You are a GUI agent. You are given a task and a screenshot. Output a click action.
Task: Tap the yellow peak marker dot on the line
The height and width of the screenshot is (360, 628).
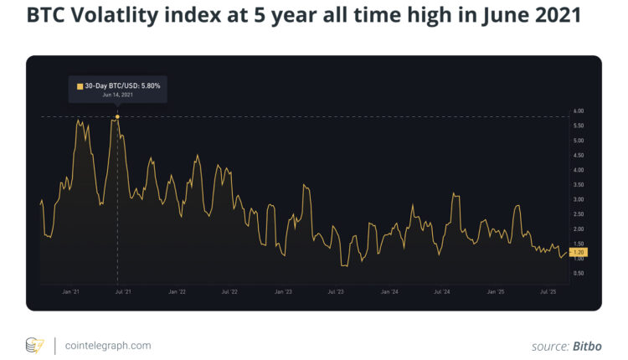point(117,116)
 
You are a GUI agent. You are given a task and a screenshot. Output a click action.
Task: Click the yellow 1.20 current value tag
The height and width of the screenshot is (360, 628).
point(579,252)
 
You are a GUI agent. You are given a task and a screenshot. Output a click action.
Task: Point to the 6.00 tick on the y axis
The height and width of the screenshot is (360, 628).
point(578,111)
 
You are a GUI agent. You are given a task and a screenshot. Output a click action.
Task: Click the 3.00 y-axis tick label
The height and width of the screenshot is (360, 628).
point(578,199)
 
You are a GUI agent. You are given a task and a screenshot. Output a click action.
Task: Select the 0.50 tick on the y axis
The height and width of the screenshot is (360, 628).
point(578,273)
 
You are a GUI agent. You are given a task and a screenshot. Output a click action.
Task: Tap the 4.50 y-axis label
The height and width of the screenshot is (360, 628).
point(578,155)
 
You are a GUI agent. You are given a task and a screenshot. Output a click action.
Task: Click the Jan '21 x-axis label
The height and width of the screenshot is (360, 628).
point(71,292)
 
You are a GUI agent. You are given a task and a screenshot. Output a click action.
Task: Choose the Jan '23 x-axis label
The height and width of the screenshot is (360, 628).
point(283,292)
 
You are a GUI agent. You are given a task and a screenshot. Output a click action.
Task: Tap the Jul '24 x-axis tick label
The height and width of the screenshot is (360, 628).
point(442,292)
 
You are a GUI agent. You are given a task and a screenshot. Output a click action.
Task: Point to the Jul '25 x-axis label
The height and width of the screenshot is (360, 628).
point(548,292)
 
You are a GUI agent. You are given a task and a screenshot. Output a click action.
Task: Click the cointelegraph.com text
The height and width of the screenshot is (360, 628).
point(106,345)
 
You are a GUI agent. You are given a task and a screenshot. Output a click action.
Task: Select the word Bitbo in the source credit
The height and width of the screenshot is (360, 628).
point(586,345)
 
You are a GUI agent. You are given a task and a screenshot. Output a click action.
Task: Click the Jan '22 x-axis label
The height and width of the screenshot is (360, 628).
point(177,292)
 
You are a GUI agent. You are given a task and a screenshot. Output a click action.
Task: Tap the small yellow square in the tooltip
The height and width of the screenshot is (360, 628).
point(80,86)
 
